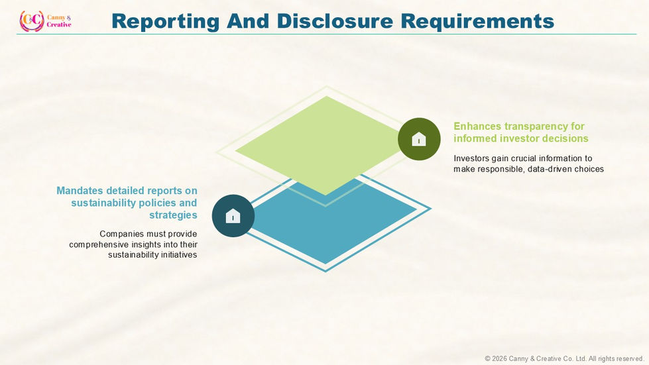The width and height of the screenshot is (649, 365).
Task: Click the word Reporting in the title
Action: pos(165,21)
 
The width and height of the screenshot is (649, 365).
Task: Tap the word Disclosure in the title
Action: pos(334,21)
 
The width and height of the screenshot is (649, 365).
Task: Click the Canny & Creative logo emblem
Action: pos(31,21)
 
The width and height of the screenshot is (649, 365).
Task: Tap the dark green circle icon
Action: pos(419,139)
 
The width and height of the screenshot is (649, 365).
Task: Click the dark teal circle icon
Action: pos(233,216)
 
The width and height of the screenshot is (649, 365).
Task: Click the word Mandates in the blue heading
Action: pos(80,191)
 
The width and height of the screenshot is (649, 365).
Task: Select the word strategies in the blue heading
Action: pos(173,215)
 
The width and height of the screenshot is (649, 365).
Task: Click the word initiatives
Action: pos(180,255)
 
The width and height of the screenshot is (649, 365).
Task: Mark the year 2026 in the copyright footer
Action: pos(499,359)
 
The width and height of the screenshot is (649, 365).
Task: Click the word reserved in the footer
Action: pos(629,359)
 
